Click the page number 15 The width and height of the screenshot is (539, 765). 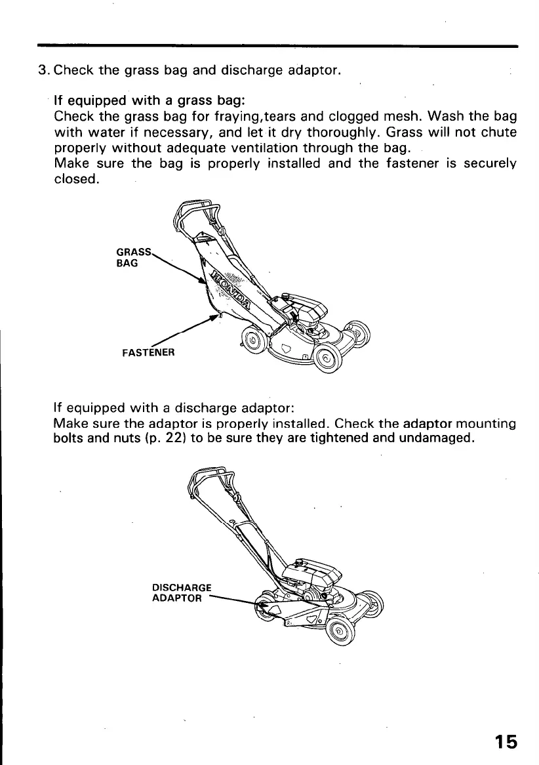click(506, 741)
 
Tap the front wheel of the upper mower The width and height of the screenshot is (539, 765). click(327, 358)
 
